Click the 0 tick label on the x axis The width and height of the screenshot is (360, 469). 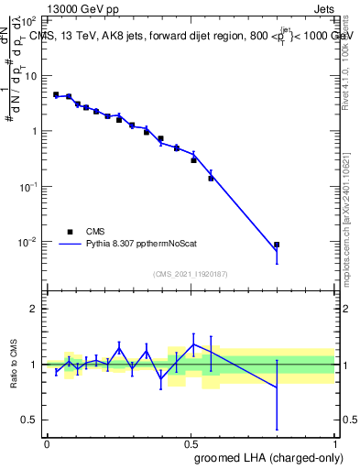tap(47, 443)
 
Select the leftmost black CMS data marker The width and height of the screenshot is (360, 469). tap(56, 94)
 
